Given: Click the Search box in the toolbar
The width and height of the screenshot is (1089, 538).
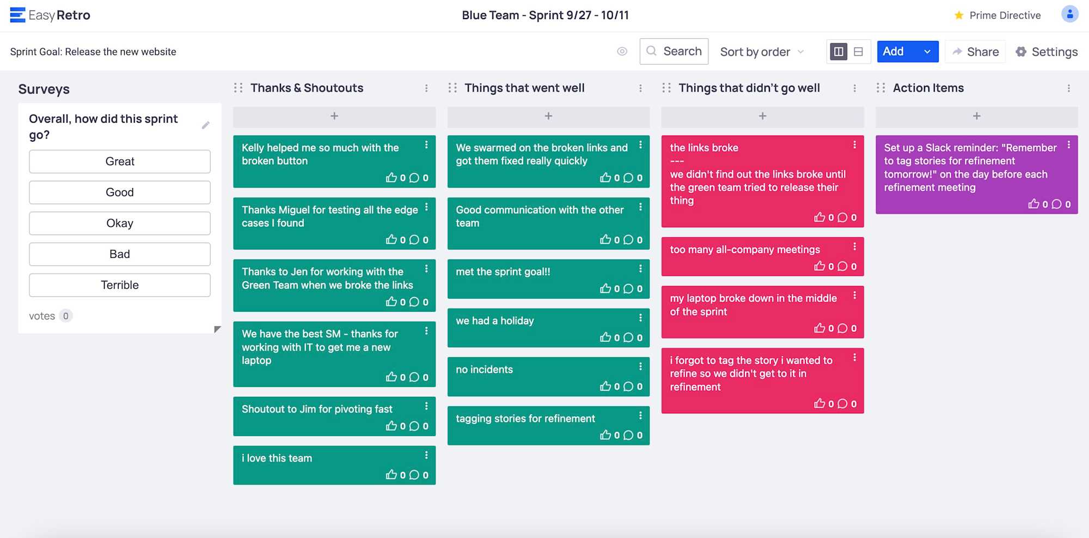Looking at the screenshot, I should pos(674,51).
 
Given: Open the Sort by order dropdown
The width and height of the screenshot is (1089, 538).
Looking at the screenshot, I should pos(761,52).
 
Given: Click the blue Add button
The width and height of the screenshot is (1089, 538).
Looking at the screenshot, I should pos(894,51).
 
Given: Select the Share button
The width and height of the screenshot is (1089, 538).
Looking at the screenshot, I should pos(975,52).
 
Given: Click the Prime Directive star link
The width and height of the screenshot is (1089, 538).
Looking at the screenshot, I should pos(998,15).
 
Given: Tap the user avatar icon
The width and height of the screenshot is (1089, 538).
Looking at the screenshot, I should pos(1069,14).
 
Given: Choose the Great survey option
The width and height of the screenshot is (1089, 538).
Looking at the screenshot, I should pos(120,161).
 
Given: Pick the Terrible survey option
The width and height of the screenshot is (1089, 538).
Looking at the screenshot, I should pos(120,285).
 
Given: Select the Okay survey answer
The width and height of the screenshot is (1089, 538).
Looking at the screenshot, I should pos(120,223).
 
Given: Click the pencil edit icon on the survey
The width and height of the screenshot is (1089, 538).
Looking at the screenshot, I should pos(206,125).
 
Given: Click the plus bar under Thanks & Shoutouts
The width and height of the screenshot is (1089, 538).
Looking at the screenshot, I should pos(334,116).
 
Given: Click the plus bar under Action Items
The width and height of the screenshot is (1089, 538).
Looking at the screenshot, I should pos(976,116).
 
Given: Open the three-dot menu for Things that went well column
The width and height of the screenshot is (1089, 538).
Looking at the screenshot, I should pos(640,88).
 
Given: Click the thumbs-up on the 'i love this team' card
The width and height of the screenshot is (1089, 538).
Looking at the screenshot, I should pos(391,475).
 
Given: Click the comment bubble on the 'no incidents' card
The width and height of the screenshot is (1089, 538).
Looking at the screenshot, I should pos(628,386).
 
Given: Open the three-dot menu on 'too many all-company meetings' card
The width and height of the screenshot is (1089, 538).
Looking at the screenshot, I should pos(854,247).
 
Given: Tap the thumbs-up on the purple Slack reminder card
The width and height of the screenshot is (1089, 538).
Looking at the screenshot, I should pos(1033,204).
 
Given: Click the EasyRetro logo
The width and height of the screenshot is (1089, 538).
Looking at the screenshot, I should pos(50,15).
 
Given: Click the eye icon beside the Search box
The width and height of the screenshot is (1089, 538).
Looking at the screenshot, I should pos(622,51).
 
